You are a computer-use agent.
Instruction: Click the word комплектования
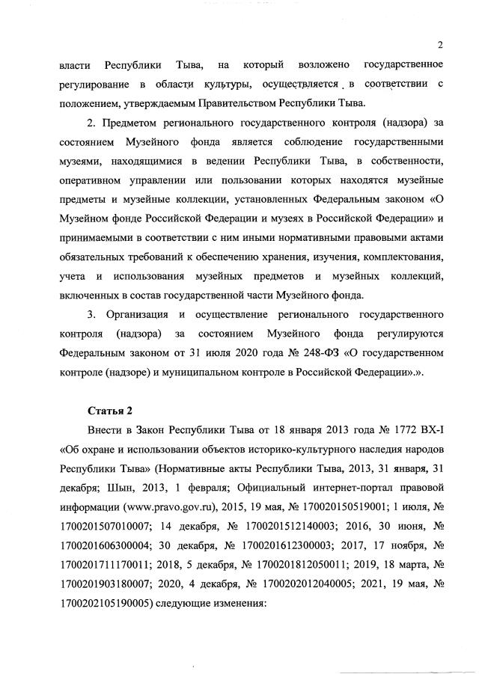tap(390, 256)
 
